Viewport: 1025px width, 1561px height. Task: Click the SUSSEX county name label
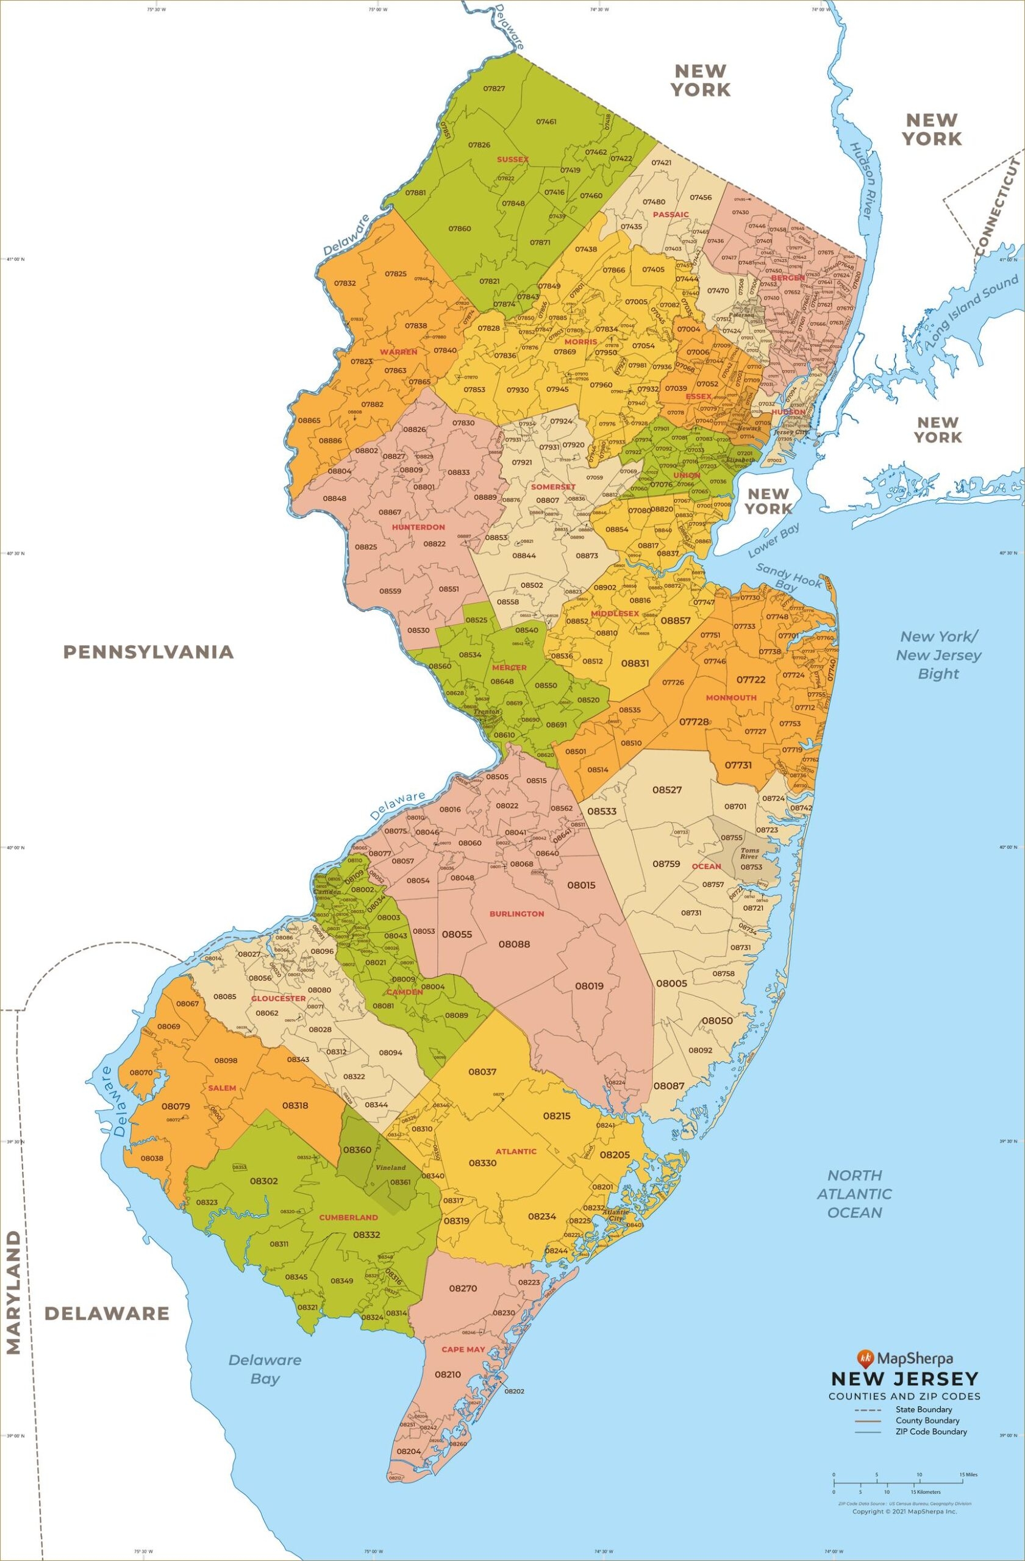(512, 159)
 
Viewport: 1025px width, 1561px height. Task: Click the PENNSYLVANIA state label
(148, 651)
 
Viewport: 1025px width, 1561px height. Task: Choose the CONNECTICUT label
(998, 206)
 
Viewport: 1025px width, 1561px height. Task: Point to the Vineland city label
(391, 1168)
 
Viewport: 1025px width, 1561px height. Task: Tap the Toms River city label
(749, 853)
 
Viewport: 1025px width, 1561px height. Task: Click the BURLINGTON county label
(516, 913)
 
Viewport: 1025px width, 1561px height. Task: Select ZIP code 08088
(514, 944)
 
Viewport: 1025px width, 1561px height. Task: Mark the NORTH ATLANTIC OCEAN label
(854, 1193)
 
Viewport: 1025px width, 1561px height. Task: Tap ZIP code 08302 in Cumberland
(263, 1181)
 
